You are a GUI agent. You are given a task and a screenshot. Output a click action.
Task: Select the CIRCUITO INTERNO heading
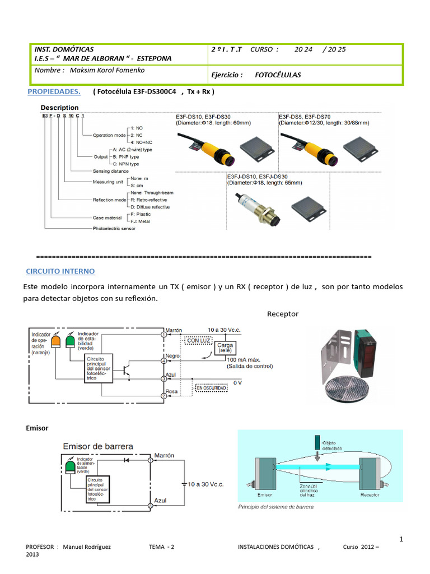[x=60, y=271]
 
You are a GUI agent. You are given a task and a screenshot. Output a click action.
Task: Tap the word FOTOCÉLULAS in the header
[x=278, y=75]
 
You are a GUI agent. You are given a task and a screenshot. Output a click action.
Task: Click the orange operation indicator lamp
[x=57, y=341]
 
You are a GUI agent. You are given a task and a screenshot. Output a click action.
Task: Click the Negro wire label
[x=172, y=357]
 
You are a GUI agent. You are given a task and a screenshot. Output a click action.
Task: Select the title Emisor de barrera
[x=98, y=446]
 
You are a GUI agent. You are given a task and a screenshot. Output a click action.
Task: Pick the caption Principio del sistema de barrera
[x=276, y=507]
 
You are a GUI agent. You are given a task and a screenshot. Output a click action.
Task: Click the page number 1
[x=401, y=539]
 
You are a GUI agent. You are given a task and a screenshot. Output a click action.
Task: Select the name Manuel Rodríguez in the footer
[x=87, y=547]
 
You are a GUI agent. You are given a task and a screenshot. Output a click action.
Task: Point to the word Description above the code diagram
[x=59, y=107]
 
